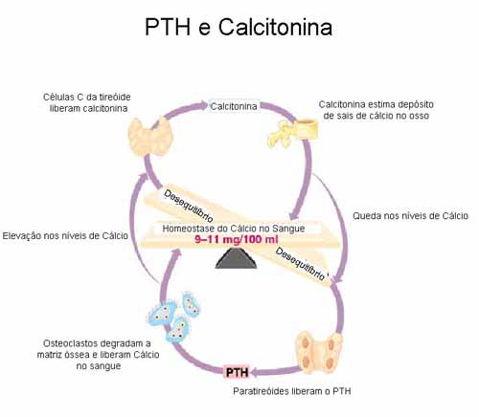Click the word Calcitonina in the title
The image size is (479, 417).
[275, 27]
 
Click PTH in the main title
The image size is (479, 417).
[168, 27]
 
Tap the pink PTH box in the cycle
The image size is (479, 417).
[237, 372]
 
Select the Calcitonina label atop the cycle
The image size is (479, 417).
[234, 106]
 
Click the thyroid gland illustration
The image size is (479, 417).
[150, 137]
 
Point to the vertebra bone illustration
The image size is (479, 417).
[293, 133]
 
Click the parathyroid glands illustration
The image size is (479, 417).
[319, 353]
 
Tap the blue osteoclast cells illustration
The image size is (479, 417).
[174, 317]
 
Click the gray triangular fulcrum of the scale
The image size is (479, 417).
[237, 258]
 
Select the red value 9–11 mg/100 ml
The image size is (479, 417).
[237, 239]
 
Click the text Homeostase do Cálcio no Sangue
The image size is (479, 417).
[234, 229]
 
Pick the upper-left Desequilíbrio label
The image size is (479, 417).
[188, 206]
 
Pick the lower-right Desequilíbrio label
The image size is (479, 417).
[301, 264]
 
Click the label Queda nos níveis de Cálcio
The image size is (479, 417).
[410, 216]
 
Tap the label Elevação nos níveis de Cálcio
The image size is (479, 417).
[65, 236]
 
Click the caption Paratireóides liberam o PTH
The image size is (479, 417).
[292, 391]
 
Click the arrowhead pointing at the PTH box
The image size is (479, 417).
[256, 372]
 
